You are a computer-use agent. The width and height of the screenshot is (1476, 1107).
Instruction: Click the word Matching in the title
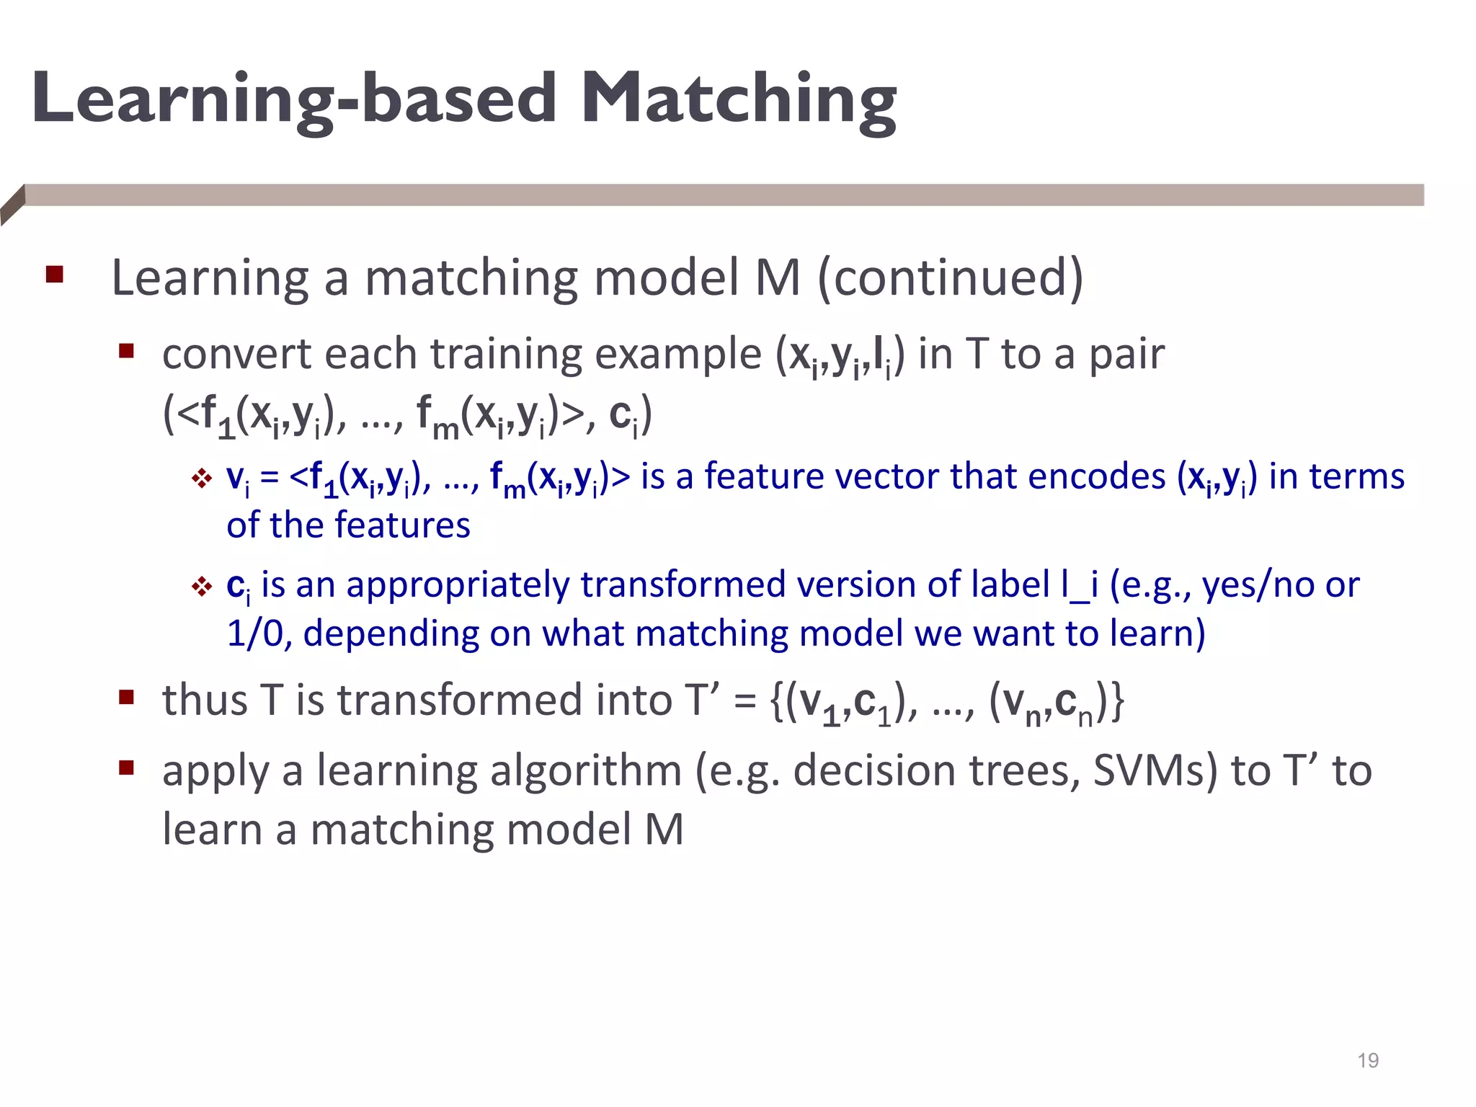(x=738, y=101)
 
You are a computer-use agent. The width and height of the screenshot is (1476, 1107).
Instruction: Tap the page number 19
(x=1367, y=1060)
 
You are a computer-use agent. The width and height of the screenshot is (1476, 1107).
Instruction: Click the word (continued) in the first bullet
(x=950, y=277)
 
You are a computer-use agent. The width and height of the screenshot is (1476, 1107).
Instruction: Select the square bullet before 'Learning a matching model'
(x=55, y=275)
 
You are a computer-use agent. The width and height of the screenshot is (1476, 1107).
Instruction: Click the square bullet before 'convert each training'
(x=127, y=351)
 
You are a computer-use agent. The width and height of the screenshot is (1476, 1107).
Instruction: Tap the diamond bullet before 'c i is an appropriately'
(x=201, y=587)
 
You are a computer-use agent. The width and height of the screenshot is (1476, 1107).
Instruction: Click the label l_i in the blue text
(x=1079, y=584)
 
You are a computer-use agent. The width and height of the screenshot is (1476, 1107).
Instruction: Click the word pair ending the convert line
(x=1126, y=354)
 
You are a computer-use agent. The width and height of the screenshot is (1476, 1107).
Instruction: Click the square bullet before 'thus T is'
(x=127, y=697)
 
